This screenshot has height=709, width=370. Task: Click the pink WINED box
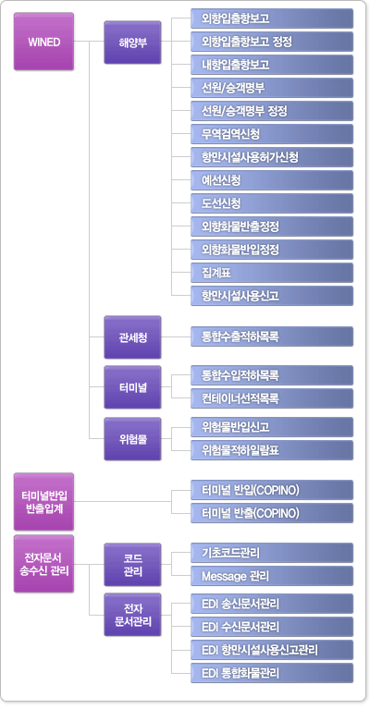tap(43, 42)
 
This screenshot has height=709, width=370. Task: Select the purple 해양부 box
tap(132, 42)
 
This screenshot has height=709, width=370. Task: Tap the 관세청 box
tap(132, 337)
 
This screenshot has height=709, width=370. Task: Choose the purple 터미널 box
tap(132, 387)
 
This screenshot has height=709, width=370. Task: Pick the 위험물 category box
tap(132, 439)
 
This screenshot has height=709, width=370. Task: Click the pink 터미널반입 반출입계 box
tap(43, 501)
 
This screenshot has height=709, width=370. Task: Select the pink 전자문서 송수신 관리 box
tap(43, 564)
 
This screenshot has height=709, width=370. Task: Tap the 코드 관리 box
tap(132, 564)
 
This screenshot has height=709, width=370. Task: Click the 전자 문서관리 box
tap(132, 615)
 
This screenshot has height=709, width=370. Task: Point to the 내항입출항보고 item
tap(272, 65)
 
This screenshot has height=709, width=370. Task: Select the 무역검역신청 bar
tap(272, 134)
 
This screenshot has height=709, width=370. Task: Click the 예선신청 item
tap(272, 180)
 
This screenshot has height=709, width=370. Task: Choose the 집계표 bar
tap(272, 273)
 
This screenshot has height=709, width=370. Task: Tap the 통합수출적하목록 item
tap(272, 336)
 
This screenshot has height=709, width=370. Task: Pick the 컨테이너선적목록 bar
tap(272, 398)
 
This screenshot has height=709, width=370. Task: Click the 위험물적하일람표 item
tap(272, 450)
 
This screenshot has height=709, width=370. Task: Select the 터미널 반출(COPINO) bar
tap(272, 513)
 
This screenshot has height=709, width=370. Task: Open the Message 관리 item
tap(272, 576)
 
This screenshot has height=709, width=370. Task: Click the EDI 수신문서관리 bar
tap(272, 627)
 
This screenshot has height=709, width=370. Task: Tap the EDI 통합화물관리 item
tap(272, 673)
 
